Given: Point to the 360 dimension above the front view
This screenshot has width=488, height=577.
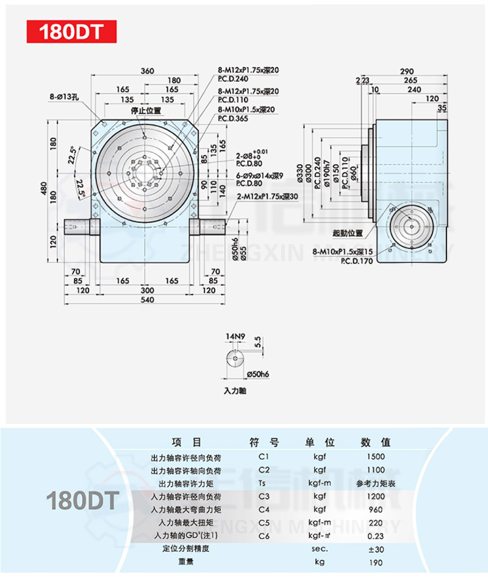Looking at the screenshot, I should [x=147, y=71].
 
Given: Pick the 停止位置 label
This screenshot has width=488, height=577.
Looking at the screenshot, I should [x=145, y=111].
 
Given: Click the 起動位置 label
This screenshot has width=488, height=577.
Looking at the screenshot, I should [x=348, y=234].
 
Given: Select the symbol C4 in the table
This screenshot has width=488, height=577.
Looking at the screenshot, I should [x=264, y=509].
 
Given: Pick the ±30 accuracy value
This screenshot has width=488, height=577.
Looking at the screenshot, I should [x=375, y=549].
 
